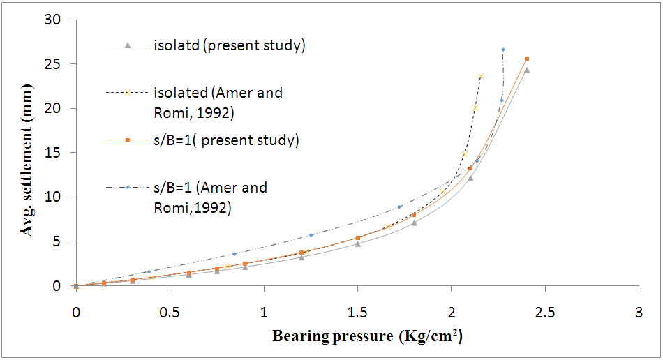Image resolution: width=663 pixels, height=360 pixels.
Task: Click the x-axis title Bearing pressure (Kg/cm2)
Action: tap(367, 337)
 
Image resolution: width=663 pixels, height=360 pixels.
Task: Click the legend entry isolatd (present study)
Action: tap(229, 46)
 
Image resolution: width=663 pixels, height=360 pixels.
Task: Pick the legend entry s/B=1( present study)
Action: tap(226, 140)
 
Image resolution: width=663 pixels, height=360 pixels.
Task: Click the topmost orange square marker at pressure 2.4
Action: tap(527, 59)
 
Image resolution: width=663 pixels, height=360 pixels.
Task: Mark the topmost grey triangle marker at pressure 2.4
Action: tap(527, 70)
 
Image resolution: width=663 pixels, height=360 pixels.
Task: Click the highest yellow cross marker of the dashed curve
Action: tap(481, 76)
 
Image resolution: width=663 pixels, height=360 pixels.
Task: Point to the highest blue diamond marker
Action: tap(503, 50)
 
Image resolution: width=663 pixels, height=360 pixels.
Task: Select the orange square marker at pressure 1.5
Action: tap(358, 238)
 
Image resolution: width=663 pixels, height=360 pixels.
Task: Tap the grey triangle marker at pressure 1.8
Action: tap(414, 223)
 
